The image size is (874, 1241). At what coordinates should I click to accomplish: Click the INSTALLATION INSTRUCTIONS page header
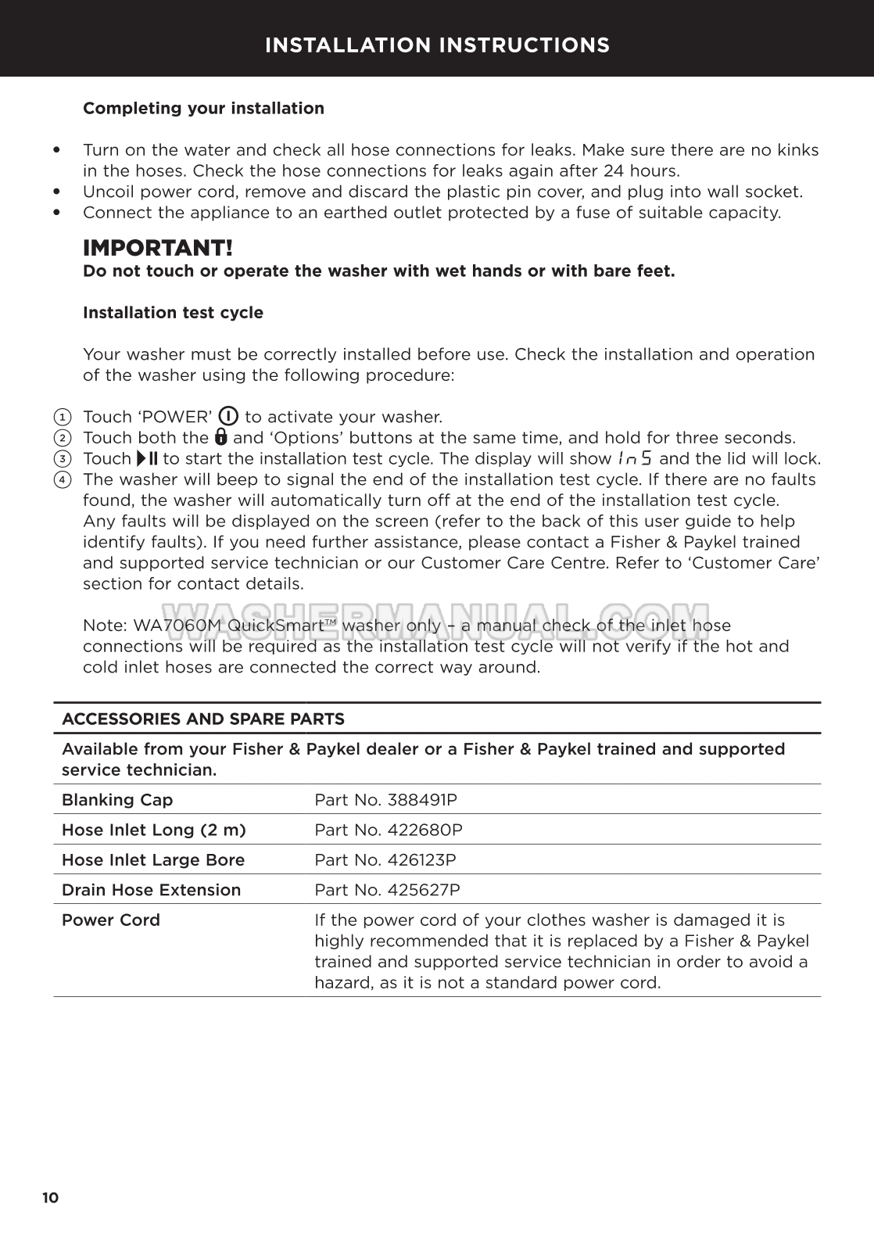(x=437, y=45)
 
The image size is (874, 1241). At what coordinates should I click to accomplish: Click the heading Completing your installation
(x=203, y=109)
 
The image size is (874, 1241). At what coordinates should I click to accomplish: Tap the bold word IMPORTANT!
(x=157, y=249)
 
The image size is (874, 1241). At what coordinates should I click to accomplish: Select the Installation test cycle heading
(x=173, y=313)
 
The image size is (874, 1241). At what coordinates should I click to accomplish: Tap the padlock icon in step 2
(x=220, y=437)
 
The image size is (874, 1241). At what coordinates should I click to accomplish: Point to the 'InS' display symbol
(x=634, y=458)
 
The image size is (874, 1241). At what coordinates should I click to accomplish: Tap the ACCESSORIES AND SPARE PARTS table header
(x=202, y=719)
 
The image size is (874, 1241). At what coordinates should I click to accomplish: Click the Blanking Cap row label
(x=117, y=800)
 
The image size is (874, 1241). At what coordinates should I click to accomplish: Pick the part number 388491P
(x=422, y=800)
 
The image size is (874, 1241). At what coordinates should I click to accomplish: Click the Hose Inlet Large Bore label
(x=153, y=860)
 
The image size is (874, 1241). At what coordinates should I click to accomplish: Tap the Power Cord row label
(x=111, y=920)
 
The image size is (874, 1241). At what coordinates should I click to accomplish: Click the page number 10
(x=51, y=1198)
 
